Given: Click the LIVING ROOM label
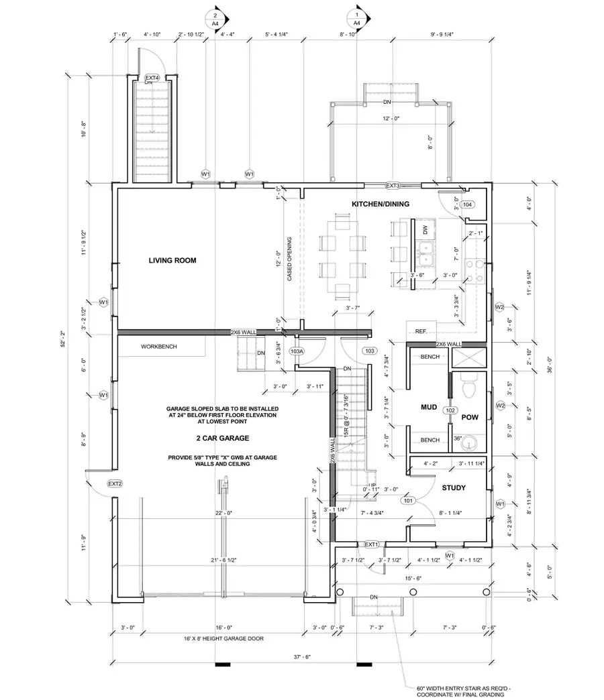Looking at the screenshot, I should tap(172, 260).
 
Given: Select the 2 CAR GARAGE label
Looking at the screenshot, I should tap(205, 438).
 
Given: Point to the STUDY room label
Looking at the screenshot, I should tap(454, 488).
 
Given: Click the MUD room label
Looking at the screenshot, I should tap(430, 407).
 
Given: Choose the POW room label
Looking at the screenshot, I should tap(469, 416).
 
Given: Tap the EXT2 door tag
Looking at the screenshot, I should tap(115, 483).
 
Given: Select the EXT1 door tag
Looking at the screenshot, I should tap(372, 544).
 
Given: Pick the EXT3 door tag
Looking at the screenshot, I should tap(393, 186).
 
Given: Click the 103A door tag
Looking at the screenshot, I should tap(297, 351).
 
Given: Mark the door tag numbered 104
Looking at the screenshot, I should tap(468, 205).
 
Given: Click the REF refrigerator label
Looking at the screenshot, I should tap(421, 331).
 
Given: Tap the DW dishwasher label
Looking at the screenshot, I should tap(425, 229).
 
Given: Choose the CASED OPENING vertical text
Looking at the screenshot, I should tap(289, 259).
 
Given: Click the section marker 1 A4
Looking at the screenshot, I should tap(357, 18).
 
